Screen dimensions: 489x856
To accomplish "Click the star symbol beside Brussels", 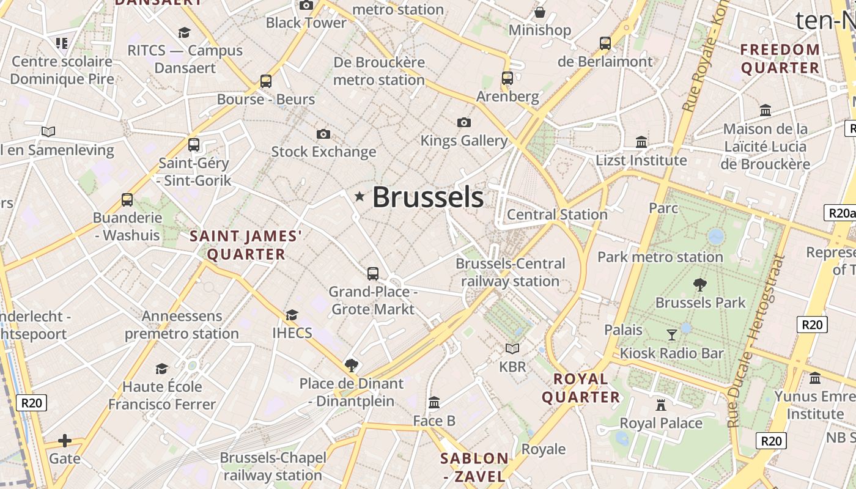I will (360, 196).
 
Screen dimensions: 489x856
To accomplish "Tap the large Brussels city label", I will (428, 197).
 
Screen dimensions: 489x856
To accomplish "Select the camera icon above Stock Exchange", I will (323, 134).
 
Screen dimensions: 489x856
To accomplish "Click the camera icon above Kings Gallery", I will (464, 123).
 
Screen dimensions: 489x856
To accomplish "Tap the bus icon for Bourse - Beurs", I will (266, 81).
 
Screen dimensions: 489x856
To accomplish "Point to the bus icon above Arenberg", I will (507, 78).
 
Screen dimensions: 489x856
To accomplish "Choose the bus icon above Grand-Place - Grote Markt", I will (373, 274).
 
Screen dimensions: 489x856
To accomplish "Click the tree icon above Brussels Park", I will (700, 284).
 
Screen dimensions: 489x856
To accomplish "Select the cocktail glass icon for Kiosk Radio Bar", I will (672, 334).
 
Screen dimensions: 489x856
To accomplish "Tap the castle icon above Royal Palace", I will (661, 405).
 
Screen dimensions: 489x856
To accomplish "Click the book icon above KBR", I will (512, 348).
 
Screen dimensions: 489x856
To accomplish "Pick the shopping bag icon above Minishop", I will (540, 12).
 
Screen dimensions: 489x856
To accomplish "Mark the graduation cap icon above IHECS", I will (292, 315).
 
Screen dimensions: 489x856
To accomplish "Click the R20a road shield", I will (839, 213).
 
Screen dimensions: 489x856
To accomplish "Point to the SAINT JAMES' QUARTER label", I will (246, 245).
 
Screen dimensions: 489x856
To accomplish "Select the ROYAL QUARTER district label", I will (581, 388).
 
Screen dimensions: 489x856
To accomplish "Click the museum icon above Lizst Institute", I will (641, 142).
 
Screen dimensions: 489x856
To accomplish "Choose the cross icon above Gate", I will (65, 441).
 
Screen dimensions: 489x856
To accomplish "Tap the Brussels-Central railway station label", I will (511, 273).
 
